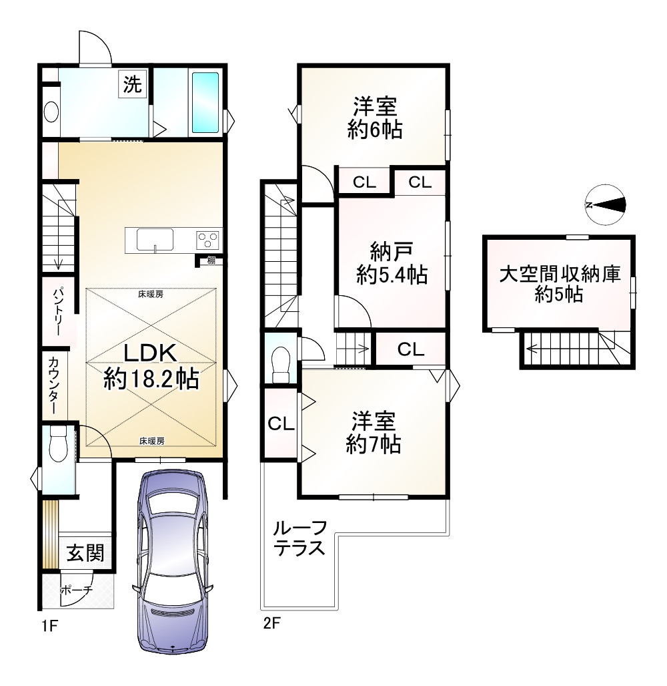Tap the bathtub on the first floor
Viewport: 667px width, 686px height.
click(205, 102)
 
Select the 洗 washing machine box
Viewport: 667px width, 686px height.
click(132, 84)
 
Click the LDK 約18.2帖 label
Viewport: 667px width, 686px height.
click(151, 366)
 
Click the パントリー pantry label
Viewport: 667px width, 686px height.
click(57, 311)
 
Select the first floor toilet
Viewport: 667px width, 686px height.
click(58, 444)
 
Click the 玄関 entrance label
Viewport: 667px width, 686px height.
click(85, 553)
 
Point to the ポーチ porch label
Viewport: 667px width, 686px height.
click(77, 590)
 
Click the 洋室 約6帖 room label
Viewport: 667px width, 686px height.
click(375, 118)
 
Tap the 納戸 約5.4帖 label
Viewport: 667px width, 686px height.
click(392, 263)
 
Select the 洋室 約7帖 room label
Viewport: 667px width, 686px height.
click(374, 433)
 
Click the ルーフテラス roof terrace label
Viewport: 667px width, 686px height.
click(299, 538)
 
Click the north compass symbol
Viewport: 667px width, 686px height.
click(605, 205)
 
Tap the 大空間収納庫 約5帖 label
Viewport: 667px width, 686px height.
click(560, 284)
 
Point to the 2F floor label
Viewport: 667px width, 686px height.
click(271, 623)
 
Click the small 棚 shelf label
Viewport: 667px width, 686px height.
click(211, 261)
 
